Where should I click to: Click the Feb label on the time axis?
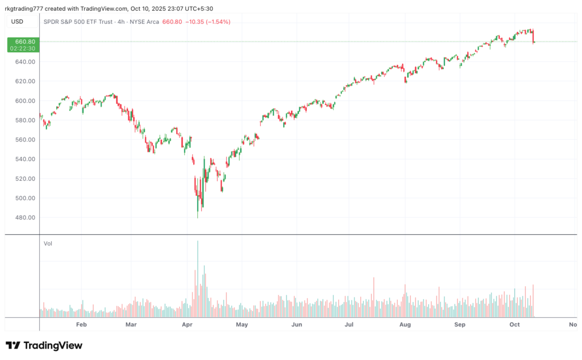tap(81, 325)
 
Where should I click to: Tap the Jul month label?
tap(349, 325)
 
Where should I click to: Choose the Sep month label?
tap(460, 325)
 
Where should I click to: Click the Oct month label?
tap(514, 325)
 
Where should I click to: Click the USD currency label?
tap(18, 22)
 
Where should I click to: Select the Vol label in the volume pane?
tap(48, 243)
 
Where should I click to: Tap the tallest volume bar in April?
tap(198, 279)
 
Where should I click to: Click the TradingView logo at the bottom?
tap(44, 345)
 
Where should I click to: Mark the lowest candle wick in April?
tap(198, 217)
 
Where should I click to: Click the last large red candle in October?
tap(533, 36)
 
